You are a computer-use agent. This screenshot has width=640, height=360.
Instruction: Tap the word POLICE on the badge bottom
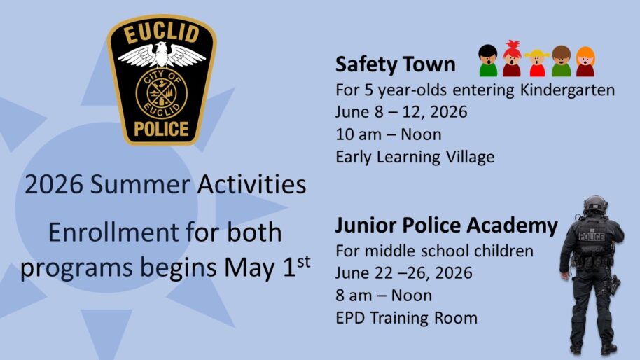(x=161, y=129)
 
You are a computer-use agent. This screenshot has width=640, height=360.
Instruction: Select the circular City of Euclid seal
(x=161, y=93)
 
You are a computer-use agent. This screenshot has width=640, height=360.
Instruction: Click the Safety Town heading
(x=395, y=64)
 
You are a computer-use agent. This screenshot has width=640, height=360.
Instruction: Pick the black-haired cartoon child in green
(x=488, y=61)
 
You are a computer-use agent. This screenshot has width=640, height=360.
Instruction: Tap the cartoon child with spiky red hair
(x=512, y=59)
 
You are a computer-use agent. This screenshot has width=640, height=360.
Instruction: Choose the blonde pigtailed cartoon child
(x=537, y=63)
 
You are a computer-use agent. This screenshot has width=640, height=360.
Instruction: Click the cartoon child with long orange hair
(x=585, y=62)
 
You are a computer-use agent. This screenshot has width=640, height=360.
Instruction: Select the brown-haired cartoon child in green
(x=562, y=61)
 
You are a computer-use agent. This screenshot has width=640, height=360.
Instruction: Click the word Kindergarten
(x=567, y=90)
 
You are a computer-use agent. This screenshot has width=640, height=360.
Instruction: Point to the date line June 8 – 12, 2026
(x=401, y=112)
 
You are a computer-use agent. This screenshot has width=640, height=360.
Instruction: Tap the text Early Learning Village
(x=415, y=157)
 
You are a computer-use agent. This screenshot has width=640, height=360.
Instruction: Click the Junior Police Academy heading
(x=447, y=226)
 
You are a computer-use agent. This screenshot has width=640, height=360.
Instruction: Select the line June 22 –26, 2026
(x=403, y=272)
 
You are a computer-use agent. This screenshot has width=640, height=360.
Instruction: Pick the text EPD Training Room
(x=407, y=317)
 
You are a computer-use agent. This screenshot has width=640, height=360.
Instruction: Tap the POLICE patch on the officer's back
(x=592, y=236)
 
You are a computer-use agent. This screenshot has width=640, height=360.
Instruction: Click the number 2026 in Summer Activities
(x=53, y=184)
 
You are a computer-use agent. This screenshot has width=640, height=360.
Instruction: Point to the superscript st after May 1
(x=303, y=262)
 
